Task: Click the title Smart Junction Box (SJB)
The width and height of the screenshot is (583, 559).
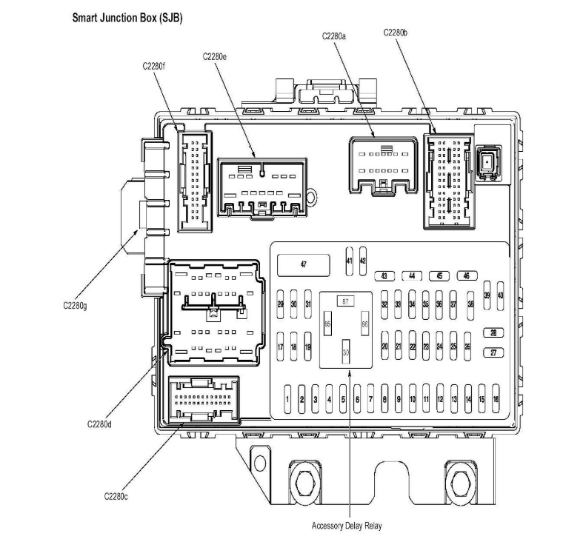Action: pos(127,16)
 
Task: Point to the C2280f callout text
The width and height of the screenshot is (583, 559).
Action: pos(154,65)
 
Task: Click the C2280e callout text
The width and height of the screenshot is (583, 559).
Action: pos(214,56)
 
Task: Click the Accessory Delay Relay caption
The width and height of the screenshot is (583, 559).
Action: pos(347,526)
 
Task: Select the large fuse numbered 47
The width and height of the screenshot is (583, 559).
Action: pos(303,264)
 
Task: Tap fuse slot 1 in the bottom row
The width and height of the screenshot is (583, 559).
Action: pos(287,399)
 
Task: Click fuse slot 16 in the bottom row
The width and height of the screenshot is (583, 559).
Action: pos(496,399)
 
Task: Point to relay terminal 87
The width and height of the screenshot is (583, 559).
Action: pos(344,301)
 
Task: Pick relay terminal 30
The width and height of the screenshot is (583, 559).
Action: pos(345,352)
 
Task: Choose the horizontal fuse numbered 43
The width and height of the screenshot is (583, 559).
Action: pos(384,276)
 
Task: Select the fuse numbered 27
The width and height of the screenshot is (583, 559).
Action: pos(493,353)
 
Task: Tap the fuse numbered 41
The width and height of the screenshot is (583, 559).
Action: pos(350,261)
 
